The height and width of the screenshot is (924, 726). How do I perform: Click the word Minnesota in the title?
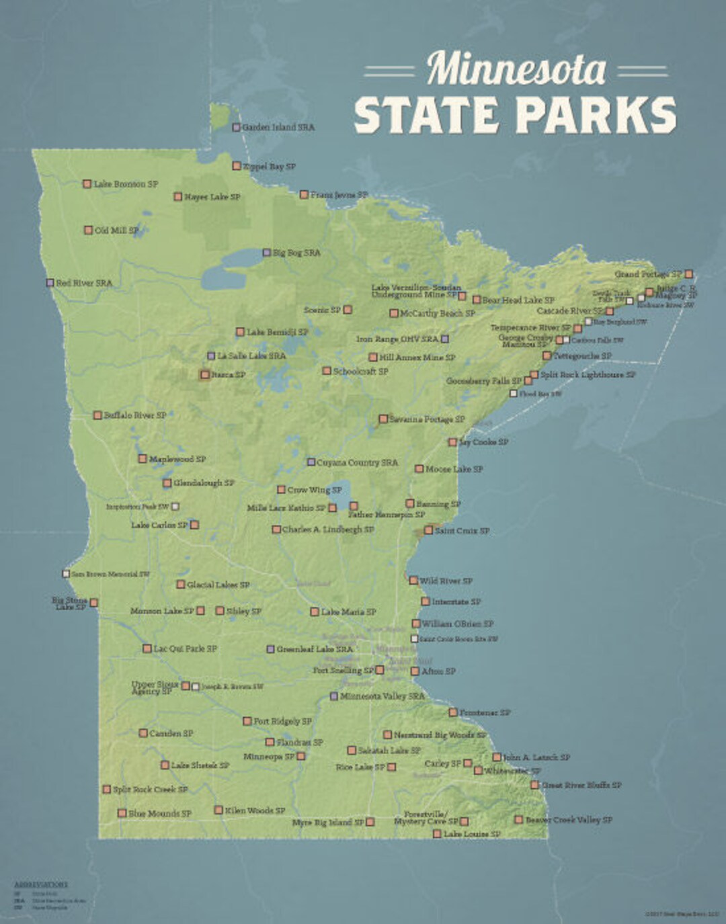pos(516,69)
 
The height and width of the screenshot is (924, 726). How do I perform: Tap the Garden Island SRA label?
pos(278,127)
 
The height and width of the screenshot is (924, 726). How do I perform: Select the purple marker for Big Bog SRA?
pos(267,253)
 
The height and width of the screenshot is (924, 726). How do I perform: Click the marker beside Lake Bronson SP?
pos(87,183)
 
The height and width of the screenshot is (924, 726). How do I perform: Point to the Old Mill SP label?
pos(116,230)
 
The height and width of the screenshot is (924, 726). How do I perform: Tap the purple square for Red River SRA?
pos(50,283)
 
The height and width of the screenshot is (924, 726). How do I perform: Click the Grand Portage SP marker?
pos(689,274)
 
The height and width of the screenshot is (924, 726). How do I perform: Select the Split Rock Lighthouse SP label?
pos(588,374)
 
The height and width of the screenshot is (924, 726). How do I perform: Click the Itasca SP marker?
pos(204,374)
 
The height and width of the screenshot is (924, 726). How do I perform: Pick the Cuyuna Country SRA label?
pos(357,462)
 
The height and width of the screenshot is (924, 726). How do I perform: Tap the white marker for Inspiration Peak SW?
pos(175,506)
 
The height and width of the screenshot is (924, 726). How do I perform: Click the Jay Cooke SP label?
pos(483,442)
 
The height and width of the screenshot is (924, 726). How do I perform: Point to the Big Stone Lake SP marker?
pos(94,603)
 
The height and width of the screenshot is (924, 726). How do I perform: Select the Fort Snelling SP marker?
pos(380,670)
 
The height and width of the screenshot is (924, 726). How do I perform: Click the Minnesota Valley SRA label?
pos(382,696)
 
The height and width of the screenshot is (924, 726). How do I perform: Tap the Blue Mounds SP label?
pos(159,813)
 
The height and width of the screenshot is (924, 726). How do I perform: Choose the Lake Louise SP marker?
pos(437,834)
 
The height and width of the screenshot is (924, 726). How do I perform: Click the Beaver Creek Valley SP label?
pos(569,820)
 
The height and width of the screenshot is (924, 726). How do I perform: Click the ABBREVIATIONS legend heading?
pos(41,885)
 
